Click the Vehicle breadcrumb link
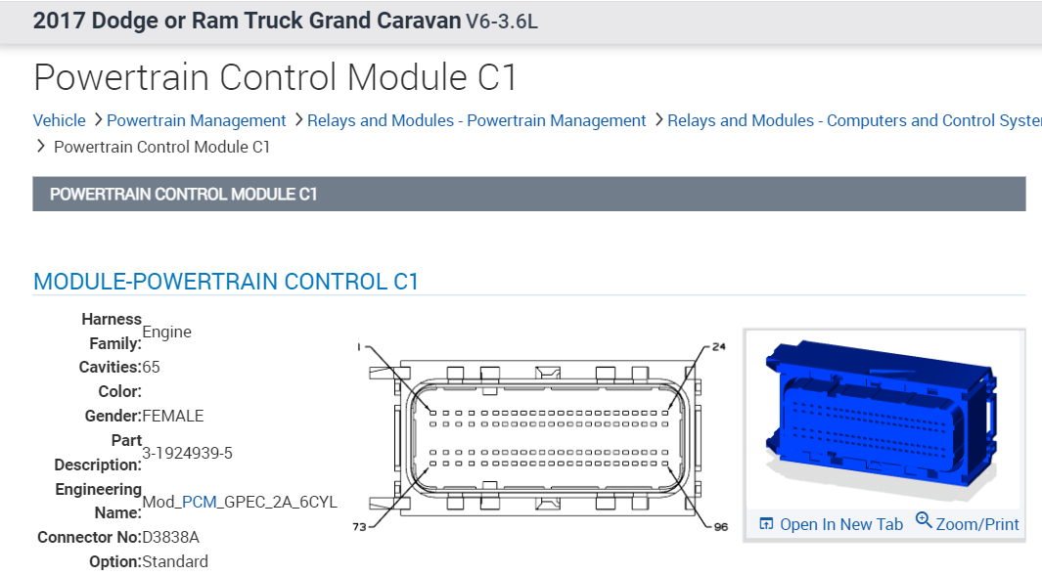point(59,120)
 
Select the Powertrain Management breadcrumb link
point(196,120)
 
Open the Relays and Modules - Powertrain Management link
point(476,120)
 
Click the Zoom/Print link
point(976,524)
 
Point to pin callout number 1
point(359,347)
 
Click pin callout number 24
point(719,346)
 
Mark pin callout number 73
point(359,527)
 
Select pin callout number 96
point(721,527)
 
